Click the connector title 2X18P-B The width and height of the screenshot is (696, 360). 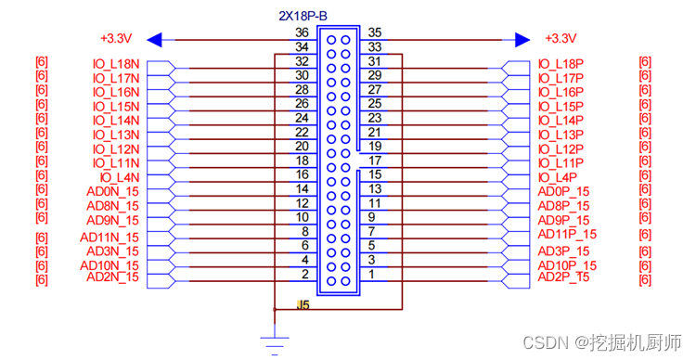303,17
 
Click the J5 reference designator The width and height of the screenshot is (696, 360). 303,305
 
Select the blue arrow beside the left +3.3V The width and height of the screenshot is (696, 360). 154,40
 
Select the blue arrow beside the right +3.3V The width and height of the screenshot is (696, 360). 522,40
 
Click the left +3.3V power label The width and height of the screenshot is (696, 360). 116,39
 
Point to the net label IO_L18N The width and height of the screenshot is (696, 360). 116,64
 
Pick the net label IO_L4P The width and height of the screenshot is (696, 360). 558,177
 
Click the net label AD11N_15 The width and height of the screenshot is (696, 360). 110,238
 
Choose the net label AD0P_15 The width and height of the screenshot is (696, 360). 563,192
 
